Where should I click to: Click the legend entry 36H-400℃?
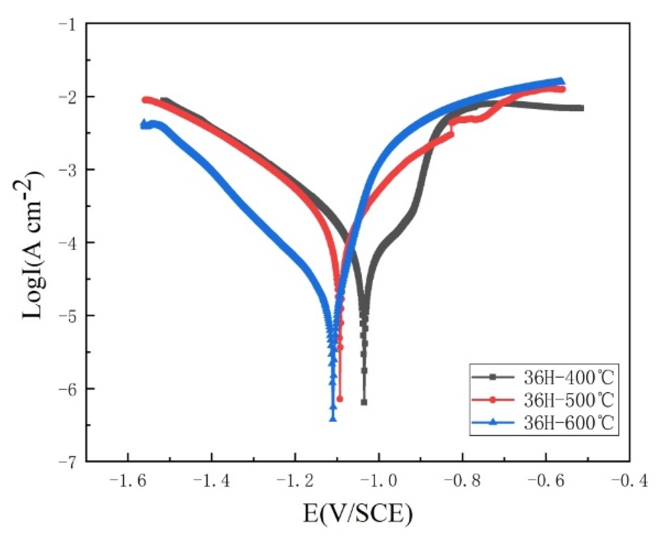(x=568, y=378)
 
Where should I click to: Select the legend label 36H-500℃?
(x=568, y=400)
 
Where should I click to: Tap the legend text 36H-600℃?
(x=568, y=422)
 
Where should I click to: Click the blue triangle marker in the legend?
(x=493, y=422)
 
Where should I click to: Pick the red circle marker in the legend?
(x=493, y=400)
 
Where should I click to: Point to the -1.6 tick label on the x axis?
(x=128, y=480)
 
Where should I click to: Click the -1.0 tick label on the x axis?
(x=379, y=480)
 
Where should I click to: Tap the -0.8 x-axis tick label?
(x=463, y=480)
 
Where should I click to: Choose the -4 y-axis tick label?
(x=67, y=242)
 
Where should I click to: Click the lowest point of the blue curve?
(x=333, y=419)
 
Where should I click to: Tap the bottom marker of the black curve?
(x=364, y=402)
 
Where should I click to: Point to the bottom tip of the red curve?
(x=340, y=399)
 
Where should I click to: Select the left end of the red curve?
(x=145, y=100)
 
